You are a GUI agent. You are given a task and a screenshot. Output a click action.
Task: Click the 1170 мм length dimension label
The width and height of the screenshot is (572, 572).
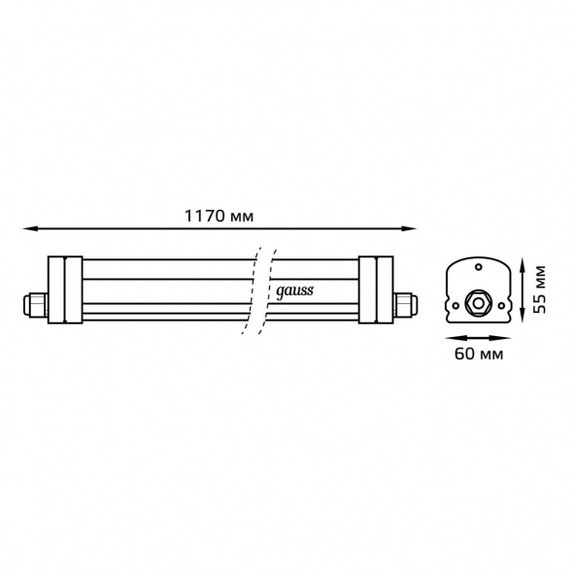[219, 216]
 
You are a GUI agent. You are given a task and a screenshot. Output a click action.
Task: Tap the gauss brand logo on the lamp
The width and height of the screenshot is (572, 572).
[294, 291]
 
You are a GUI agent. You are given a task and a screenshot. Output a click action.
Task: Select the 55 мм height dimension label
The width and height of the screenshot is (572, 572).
[538, 289]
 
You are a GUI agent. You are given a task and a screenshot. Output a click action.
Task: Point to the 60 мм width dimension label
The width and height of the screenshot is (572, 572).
[478, 353]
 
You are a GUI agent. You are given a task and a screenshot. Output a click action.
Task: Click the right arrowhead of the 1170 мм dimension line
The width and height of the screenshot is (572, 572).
[409, 229]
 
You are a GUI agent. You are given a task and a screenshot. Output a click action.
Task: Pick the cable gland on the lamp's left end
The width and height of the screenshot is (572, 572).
[35, 304]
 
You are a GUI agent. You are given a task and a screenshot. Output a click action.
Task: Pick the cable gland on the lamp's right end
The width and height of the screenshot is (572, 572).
[406, 304]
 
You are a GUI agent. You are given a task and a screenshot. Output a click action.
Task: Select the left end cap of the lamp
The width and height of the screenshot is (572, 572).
[65, 289]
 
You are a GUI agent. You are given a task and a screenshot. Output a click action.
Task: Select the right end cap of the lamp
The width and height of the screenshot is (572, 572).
[376, 289]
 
